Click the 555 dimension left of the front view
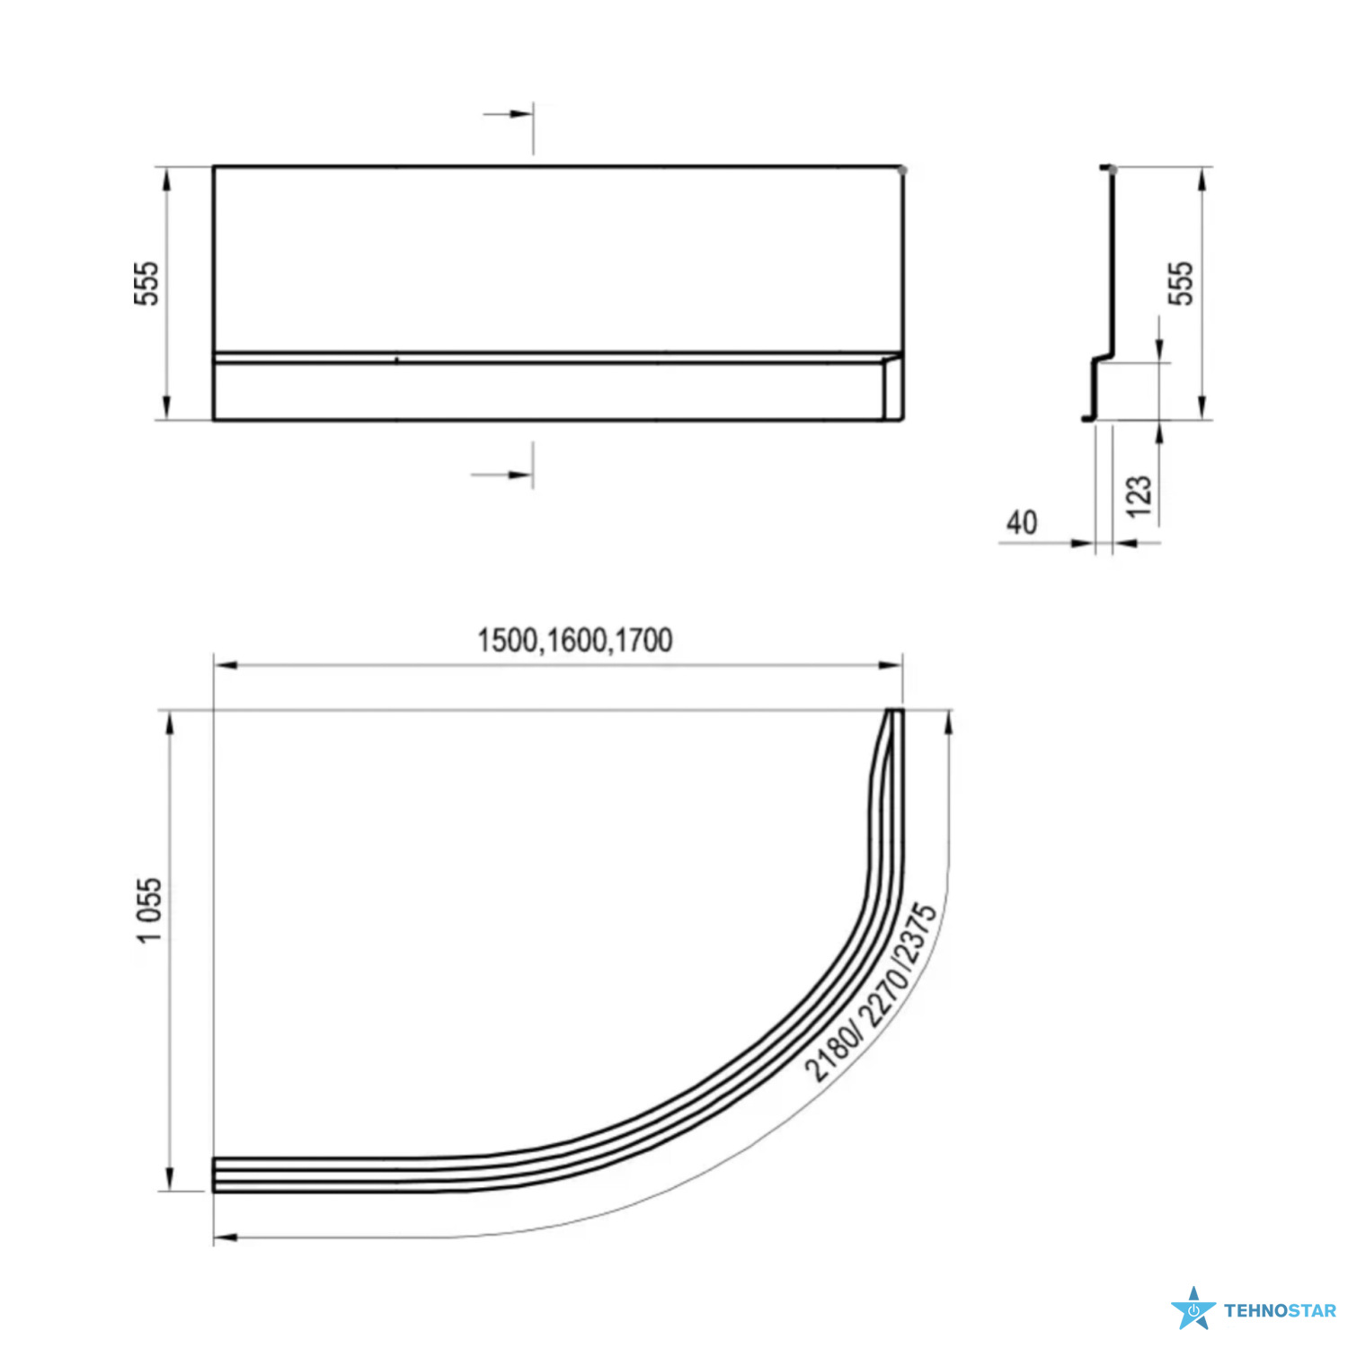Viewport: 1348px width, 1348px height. (x=146, y=283)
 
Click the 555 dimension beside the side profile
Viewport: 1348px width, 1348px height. (x=1181, y=283)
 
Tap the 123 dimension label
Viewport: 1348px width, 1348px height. (x=1139, y=497)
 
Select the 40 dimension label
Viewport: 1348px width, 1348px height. (x=1022, y=522)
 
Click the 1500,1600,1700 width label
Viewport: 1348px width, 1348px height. (x=574, y=640)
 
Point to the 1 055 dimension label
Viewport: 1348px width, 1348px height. (x=149, y=909)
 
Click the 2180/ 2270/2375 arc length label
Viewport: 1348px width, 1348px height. (x=870, y=993)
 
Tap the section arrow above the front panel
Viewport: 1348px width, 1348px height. (x=508, y=114)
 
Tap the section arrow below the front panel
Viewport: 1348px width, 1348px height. (x=501, y=474)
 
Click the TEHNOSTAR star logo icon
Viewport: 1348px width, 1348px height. (x=1193, y=1308)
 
